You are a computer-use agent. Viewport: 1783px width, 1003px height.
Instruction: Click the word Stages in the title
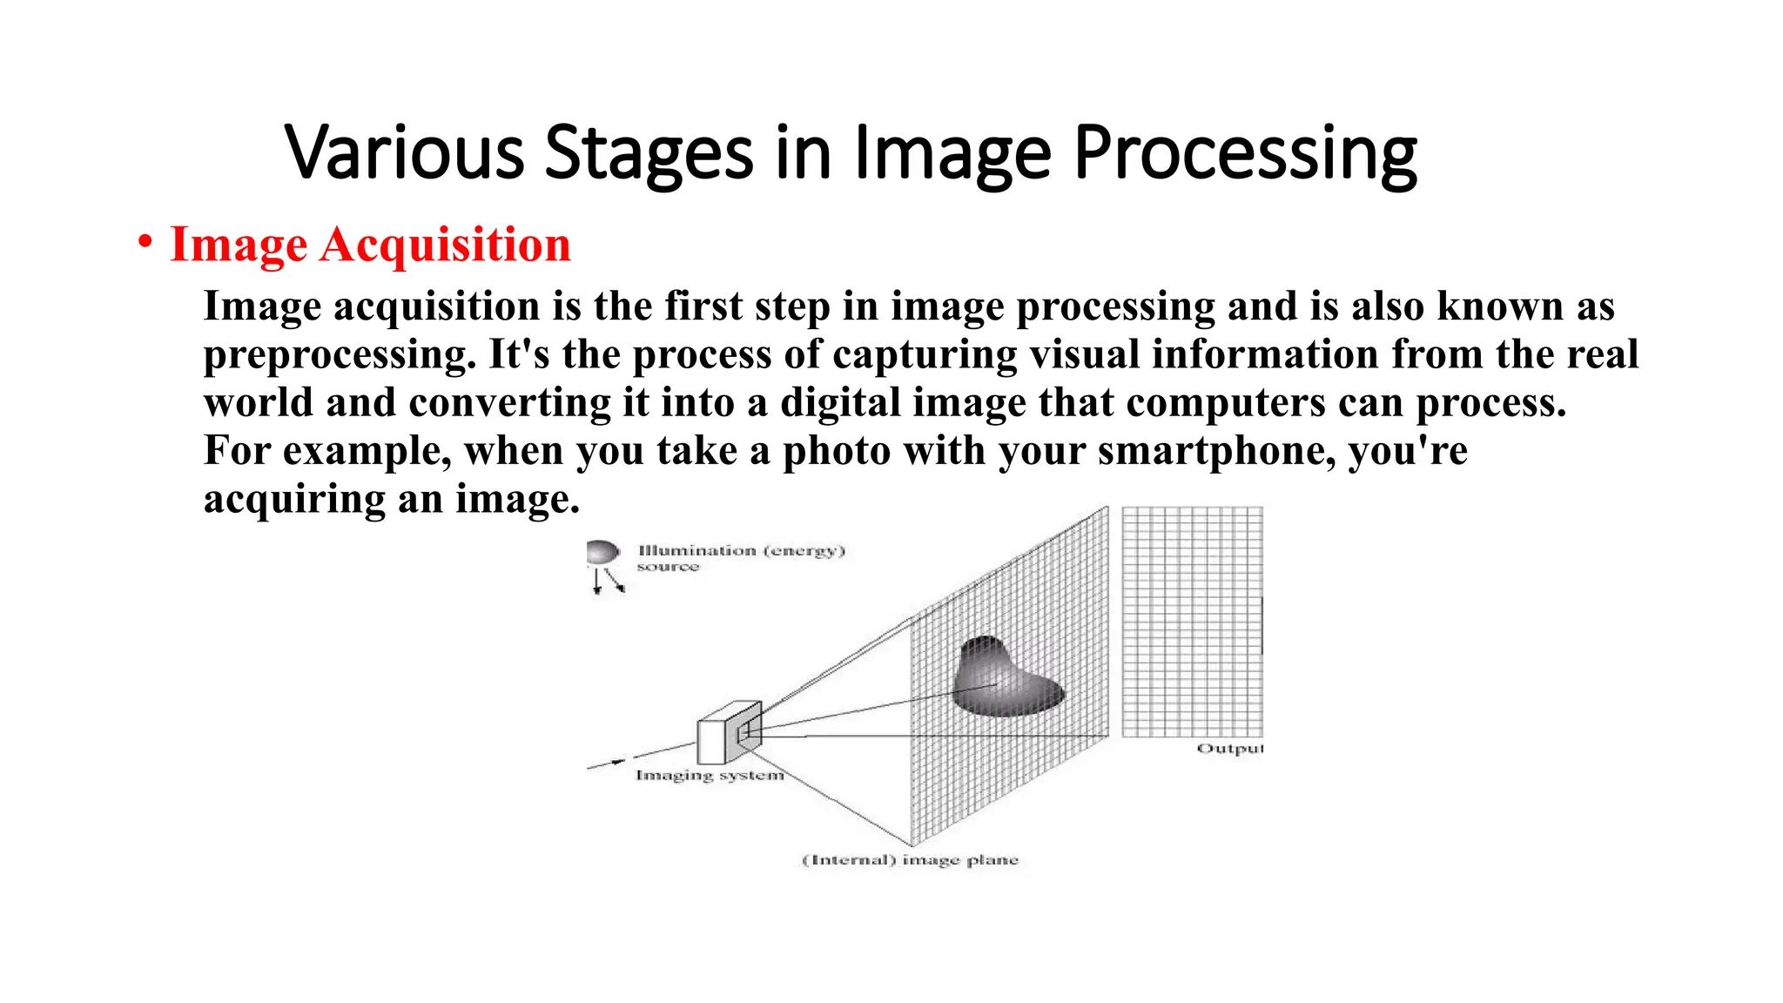pyautogui.click(x=649, y=153)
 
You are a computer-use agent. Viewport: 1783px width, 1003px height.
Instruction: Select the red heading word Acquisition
pyautogui.click(x=445, y=245)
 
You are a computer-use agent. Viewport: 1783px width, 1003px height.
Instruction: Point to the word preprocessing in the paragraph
pyautogui.click(x=340, y=355)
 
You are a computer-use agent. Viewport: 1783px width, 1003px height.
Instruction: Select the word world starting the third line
pyautogui.click(x=258, y=403)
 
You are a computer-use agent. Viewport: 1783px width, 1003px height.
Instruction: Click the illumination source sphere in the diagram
pyautogui.click(x=602, y=553)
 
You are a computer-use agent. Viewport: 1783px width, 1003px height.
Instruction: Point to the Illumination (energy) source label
pyautogui.click(x=740, y=558)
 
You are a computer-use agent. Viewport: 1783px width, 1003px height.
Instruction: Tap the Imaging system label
pyautogui.click(x=710, y=775)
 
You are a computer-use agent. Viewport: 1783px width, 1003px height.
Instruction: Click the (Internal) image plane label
pyautogui.click(x=910, y=860)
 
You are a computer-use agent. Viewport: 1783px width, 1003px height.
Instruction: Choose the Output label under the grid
pyautogui.click(x=1229, y=749)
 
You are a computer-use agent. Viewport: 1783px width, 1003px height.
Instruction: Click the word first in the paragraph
pyautogui.click(x=703, y=306)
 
